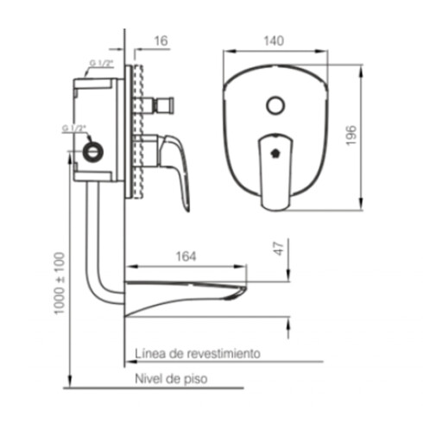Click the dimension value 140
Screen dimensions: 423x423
tap(274, 40)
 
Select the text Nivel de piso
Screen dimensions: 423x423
tap(171, 378)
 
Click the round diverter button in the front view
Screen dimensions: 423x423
tap(275, 106)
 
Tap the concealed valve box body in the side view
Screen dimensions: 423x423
tap(99, 129)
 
